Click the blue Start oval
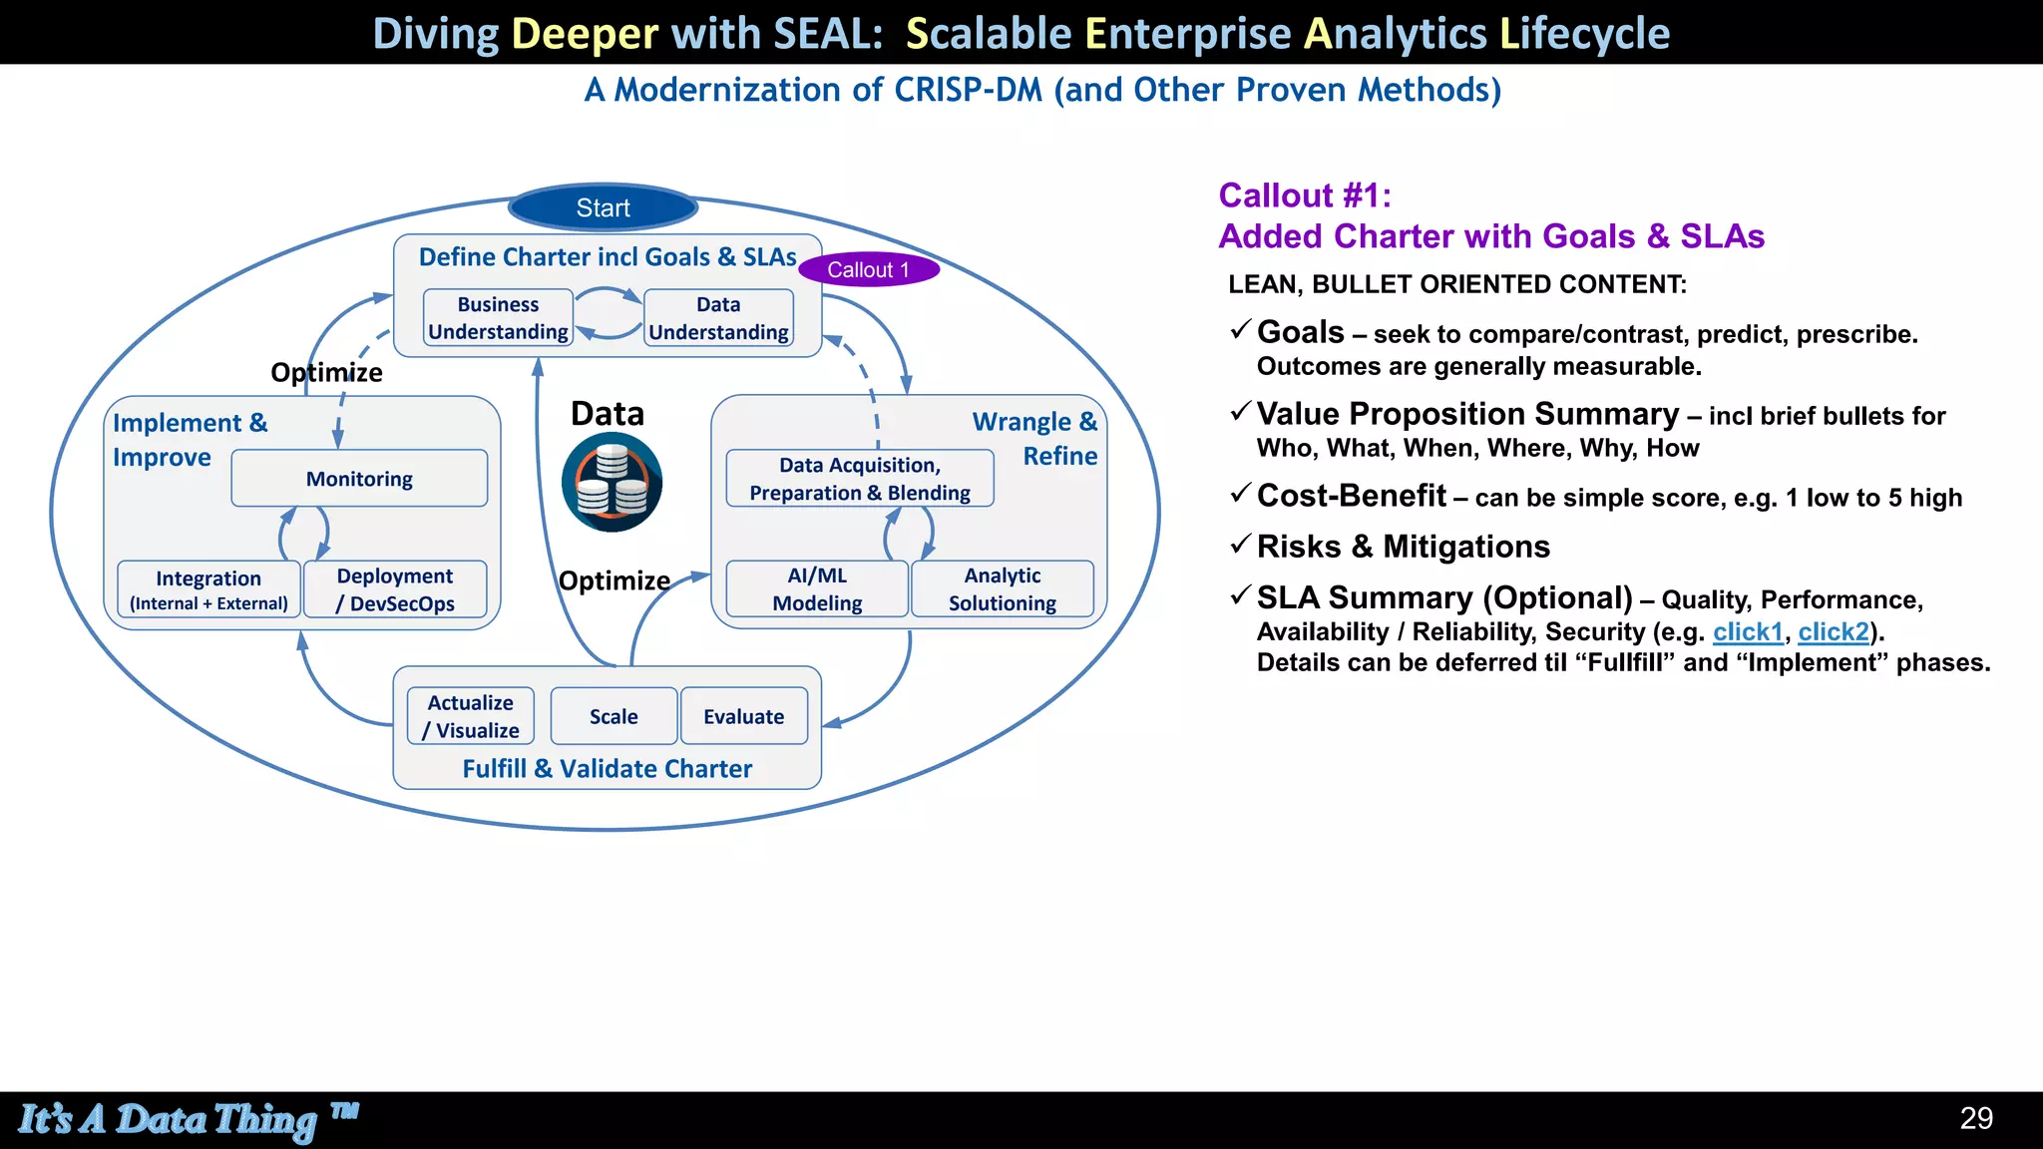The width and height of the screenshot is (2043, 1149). tap(603, 207)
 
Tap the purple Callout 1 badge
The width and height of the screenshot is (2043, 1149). tap(868, 269)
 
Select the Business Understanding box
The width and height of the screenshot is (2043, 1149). tap(498, 318)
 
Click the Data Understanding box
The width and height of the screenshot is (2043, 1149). tap(718, 318)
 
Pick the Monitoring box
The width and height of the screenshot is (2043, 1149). tap(359, 479)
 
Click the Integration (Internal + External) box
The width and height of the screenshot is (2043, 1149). tap(208, 589)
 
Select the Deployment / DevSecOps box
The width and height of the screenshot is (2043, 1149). tap(395, 589)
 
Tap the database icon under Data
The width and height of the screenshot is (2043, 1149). tap(612, 482)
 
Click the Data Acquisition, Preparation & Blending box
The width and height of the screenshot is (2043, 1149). tap(859, 479)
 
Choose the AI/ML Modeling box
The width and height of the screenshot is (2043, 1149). tap(817, 589)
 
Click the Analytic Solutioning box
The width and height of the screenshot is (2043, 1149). tap(1002, 589)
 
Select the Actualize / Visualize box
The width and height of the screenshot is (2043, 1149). tap(471, 716)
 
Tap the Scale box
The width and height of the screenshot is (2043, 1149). tap(613, 716)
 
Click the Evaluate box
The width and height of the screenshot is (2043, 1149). tap(743, 716)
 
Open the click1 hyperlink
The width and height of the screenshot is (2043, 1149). tap(1748, 631)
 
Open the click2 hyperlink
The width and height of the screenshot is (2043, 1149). tap(1833, 631)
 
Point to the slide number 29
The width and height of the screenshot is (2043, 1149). tap(1976, 1118)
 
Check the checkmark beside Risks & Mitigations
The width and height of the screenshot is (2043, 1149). tap(1240, 545)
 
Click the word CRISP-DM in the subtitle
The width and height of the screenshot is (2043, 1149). tap(968, 90)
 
